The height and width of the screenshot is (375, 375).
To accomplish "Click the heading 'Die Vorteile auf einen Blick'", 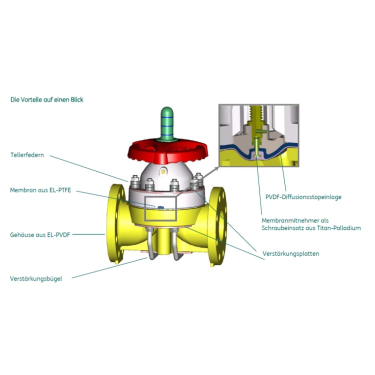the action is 47,99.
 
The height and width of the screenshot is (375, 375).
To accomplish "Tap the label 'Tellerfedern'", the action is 27,155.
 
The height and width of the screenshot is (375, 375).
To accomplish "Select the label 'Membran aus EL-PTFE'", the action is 37,190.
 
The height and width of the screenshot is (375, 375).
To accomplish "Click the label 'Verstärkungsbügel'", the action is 36,278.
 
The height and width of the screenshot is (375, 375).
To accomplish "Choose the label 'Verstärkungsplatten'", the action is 291,254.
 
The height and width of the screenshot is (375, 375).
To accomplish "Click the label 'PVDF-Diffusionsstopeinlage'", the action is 303,197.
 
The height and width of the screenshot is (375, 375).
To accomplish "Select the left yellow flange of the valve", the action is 113,223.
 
